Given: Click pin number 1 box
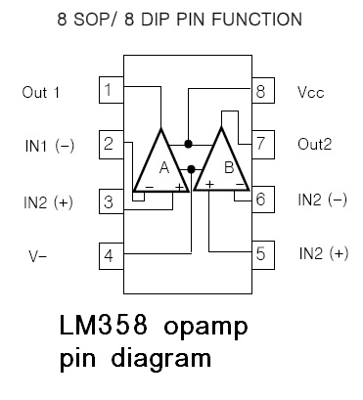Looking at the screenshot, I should [110, 93].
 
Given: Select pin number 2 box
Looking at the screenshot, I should [110, 147].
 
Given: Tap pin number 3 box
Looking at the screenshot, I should [110, 202].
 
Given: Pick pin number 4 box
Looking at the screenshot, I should [110, 256].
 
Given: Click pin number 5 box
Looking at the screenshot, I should [260, 254].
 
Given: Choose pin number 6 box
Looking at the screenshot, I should [260, 200].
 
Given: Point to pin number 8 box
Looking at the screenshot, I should [260, 93].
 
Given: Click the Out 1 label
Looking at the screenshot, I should [42, 93].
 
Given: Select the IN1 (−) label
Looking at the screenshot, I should [49, 147].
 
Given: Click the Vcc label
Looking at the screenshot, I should [310, 94].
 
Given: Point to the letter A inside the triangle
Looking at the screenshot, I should [163, 167].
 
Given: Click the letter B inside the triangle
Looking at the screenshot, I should [228, 167].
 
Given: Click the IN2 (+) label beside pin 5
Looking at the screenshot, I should [324, 254].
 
